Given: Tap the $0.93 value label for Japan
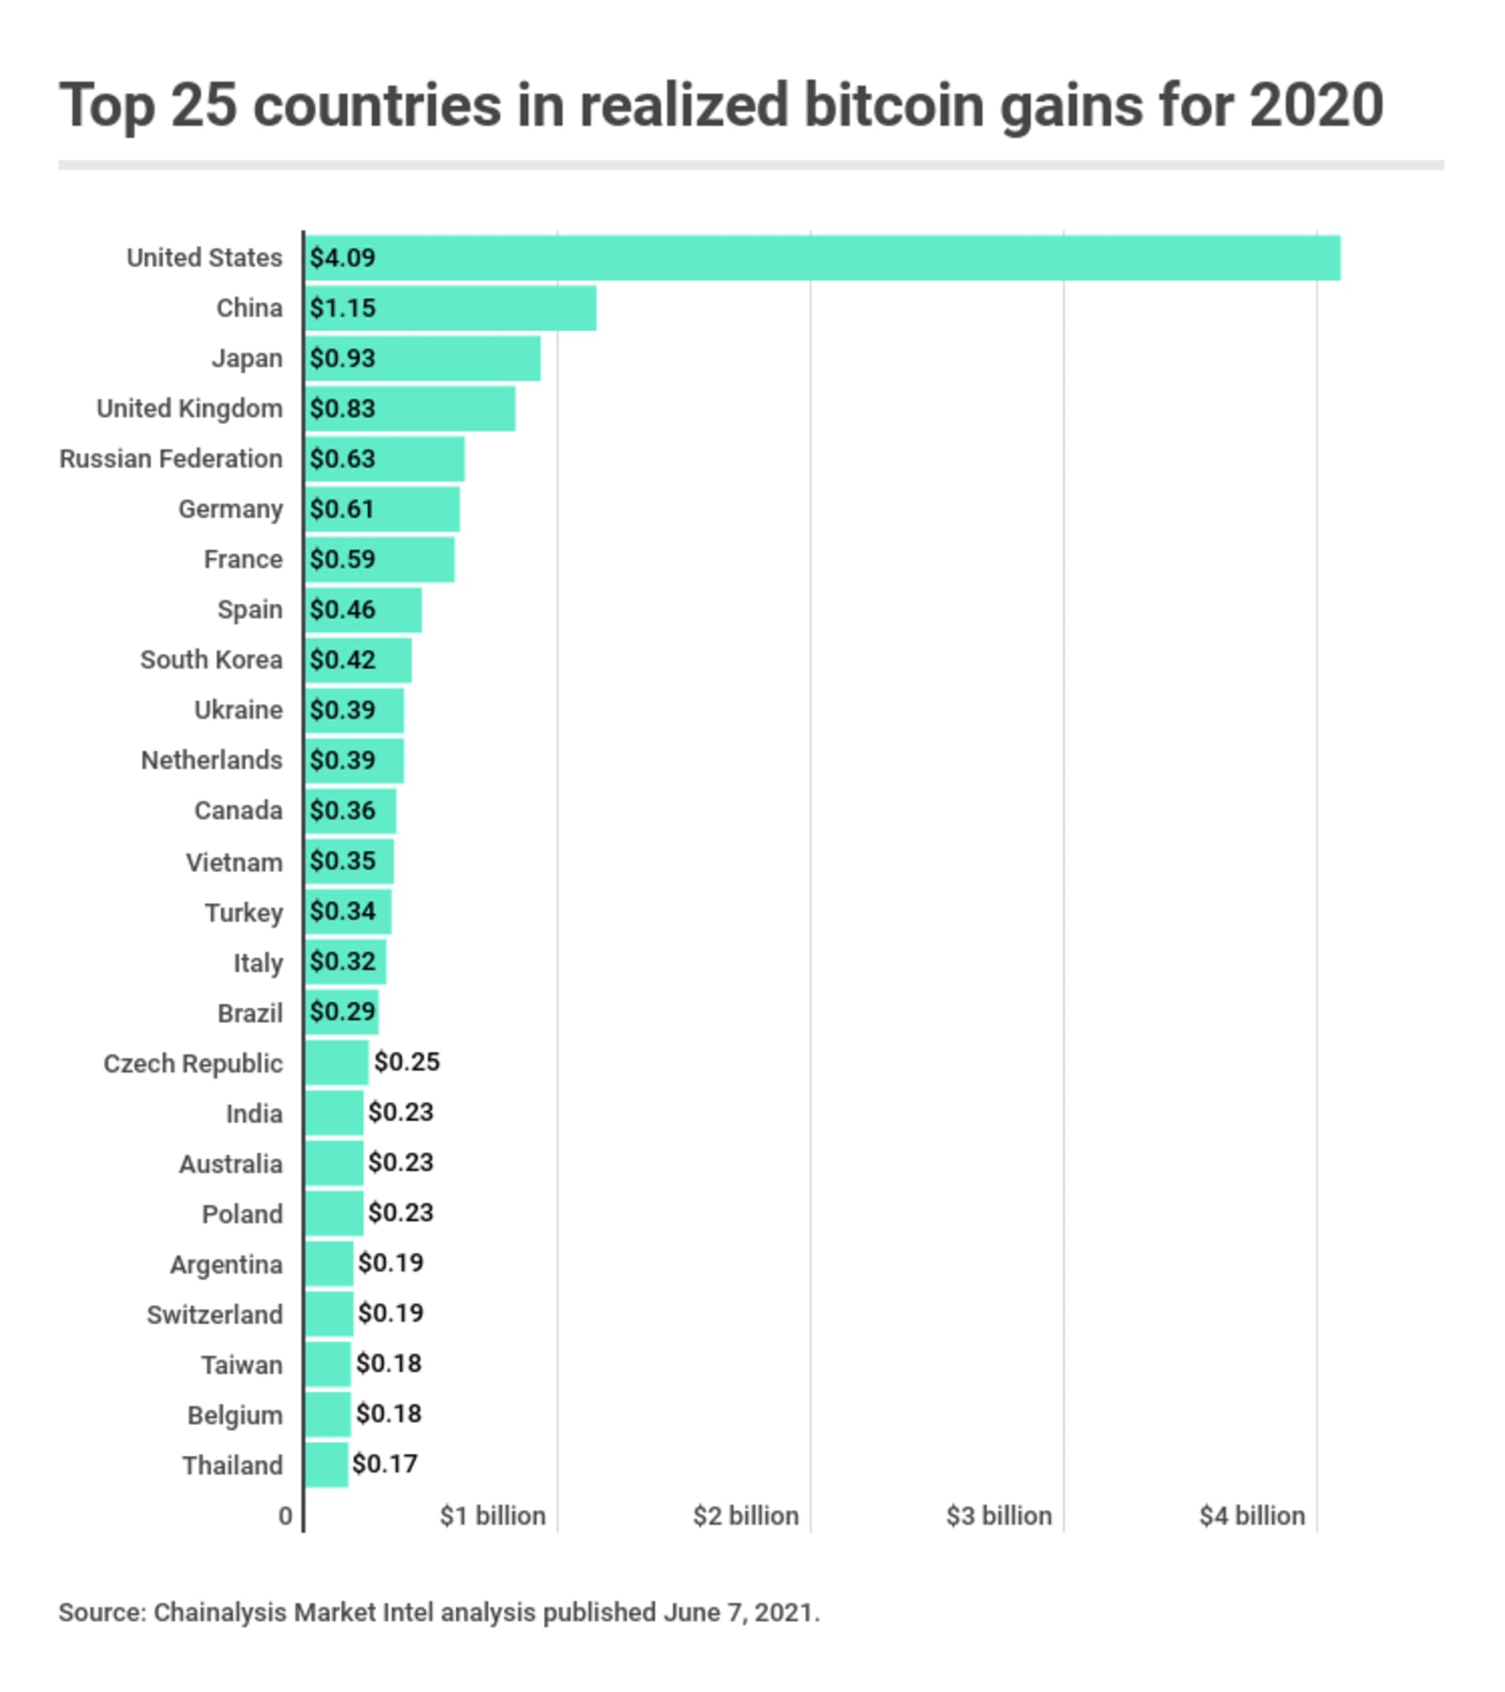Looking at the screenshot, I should [343, 359].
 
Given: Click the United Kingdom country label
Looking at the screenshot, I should [190, 408].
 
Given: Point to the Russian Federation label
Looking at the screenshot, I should [171, 459].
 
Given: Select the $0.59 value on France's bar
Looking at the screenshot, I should [343, 560].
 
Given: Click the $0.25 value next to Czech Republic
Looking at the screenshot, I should [407, 1062].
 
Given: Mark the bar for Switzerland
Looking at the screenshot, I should [329, 1314].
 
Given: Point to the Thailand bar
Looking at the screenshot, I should [327, 1464].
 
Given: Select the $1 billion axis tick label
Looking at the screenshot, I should [493, 1515].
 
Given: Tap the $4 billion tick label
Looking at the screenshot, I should [1253, 1515].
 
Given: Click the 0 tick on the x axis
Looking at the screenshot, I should [285, 1515].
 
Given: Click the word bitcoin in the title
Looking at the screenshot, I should [895, 105].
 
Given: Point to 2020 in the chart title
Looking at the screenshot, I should [1315, 105].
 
